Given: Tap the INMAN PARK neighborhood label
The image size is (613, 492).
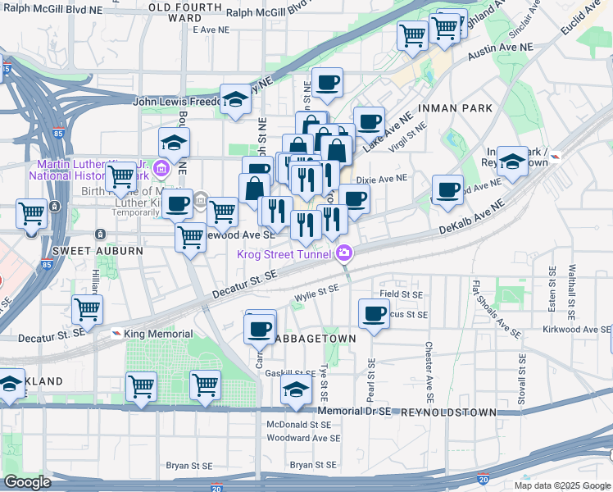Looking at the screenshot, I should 455,108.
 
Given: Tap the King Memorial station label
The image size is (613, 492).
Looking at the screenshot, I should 158,334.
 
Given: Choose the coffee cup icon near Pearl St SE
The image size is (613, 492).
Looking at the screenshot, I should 375,313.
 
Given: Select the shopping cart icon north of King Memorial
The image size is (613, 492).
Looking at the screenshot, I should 87,309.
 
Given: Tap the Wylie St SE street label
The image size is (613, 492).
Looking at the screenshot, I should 316,289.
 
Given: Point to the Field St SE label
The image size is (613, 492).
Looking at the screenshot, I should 401,294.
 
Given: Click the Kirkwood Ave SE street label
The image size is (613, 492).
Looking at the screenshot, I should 576,329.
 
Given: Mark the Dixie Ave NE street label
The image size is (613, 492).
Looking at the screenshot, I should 382,178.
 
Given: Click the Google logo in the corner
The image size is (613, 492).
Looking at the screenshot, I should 27,482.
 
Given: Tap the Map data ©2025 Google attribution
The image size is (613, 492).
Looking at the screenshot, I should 562,485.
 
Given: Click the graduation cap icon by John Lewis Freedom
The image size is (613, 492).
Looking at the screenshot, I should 236,99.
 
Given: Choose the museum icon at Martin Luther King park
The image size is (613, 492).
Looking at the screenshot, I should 161,170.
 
